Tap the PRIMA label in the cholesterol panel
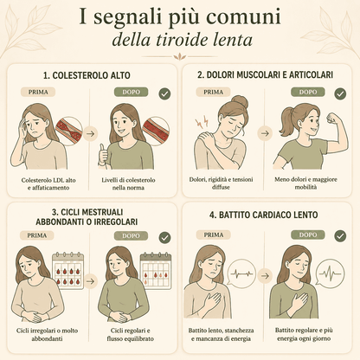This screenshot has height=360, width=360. click(38, 93)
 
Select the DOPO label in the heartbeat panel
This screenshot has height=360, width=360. click(308, 235)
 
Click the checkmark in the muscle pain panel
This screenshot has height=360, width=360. click(340, 93)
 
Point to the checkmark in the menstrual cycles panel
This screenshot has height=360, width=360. click(165, 238)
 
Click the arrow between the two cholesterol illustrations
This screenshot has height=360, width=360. click(91, 134)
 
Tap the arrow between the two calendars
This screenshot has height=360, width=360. click(91, 281)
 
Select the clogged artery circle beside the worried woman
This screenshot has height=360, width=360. click(68, 132)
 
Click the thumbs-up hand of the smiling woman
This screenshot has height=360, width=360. click(103, 154)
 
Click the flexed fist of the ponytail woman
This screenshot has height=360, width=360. click(332, 118)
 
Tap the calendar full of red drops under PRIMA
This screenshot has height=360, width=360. click(67, 270)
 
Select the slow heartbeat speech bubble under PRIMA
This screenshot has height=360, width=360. click(241, 274)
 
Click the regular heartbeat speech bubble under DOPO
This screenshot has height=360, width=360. click(330, 274)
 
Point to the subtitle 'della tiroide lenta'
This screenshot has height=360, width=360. click(183, 40)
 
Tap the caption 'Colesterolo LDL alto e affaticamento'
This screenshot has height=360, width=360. click(48, 183)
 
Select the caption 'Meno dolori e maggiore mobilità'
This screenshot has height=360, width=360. click(305, 183)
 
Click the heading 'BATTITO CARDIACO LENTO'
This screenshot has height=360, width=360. click(264, 215)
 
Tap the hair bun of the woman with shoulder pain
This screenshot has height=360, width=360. click(240, 102)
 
